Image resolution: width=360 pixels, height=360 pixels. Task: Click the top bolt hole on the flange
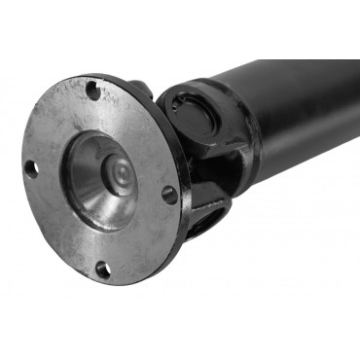(x=92, y=91)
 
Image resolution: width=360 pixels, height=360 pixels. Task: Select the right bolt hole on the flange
(x=169, y=195)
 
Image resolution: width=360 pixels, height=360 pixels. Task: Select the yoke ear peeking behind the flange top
(x=139, y=89)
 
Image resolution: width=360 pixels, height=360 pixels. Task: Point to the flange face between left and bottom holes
(x=58, y=229)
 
